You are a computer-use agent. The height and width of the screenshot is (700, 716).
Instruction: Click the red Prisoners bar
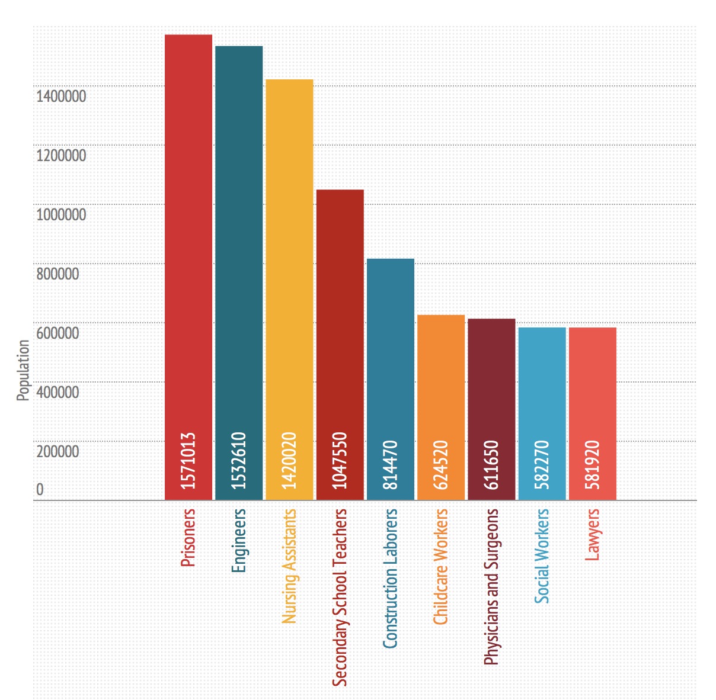click(x=188, y=237)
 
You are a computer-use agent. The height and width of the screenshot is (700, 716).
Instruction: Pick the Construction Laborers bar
click(x=391, y=355)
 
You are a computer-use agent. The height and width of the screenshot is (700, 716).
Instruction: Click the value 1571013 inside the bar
click(x=188, y=461)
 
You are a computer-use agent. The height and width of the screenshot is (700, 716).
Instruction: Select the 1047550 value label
click(x=340, y=461)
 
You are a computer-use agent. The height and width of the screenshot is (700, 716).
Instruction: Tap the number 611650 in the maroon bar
click(x=492, y=465)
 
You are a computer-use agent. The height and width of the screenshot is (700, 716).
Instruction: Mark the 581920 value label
click(x=593, y=465)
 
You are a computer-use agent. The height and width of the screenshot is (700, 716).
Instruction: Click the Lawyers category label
click(x=593, y=535)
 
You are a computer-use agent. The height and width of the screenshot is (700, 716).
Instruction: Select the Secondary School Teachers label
click(x=340, y=597)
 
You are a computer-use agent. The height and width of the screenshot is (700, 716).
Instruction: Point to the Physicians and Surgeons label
click(x=492, y=586)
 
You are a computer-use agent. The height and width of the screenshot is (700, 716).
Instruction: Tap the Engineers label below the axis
click(x=239, y=541)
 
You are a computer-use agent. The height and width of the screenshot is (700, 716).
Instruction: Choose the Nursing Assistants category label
click(x=289, y=566)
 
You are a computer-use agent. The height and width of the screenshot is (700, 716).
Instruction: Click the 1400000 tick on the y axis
click(x=61, y=96)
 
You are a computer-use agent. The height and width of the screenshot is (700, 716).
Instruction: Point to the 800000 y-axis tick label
click(x=57, y=274)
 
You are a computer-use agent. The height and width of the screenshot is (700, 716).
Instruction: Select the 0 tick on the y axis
click(x=40, y=489)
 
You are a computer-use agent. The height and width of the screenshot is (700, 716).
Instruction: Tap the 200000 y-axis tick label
click(x=57, y=451)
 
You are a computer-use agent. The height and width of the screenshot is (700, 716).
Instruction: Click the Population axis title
click(x=23, y=370)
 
